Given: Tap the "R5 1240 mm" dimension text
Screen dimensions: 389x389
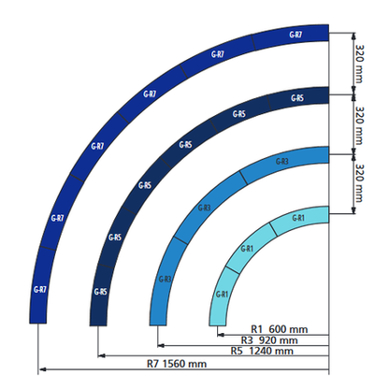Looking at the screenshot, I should pyautogui.click(x=262, y=352).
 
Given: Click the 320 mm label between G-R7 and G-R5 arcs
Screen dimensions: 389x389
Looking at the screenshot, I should pyautogui.click(x=359, y=63).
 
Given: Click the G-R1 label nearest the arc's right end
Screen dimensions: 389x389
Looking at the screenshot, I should pyautogui.click(x=298, y=218).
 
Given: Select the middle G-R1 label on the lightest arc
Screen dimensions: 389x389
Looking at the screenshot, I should pyautogui.click(x=247, y=249).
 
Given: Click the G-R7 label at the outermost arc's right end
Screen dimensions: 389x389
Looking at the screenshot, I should pyautogui.click(x=295, y=35).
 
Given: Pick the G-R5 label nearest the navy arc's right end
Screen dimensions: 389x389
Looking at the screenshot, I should pyautogui.click(x=296, y=98).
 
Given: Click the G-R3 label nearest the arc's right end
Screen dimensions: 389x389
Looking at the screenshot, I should pyautogui.click(x=282, y=162).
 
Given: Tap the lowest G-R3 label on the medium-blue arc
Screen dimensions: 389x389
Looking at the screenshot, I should pyautogui.click(x=165, y=279).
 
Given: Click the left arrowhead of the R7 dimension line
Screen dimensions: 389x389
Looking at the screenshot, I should pyautogui.click(x=39, y=365).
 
